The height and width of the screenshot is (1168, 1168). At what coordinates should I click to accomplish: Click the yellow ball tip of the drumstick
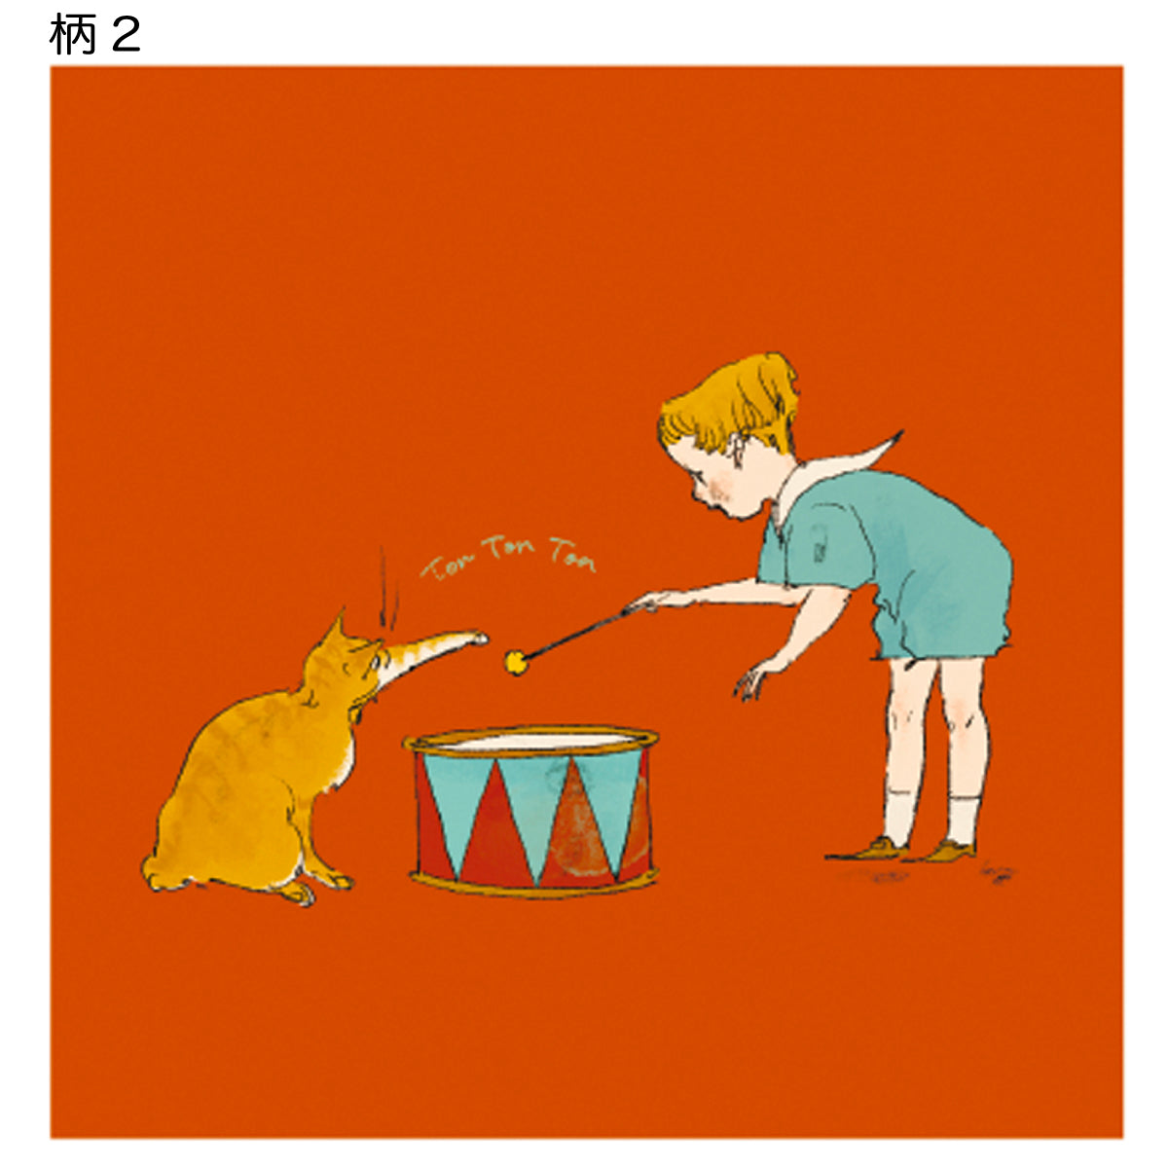516,663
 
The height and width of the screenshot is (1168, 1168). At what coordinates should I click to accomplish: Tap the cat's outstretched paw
475,638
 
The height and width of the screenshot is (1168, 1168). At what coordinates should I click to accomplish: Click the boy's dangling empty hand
750,683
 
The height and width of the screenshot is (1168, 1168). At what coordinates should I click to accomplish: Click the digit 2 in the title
127,34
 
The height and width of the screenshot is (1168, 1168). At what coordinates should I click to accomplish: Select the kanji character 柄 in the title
73,34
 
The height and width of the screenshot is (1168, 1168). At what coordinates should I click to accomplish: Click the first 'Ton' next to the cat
446,566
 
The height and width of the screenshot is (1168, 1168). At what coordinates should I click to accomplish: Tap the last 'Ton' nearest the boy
572,555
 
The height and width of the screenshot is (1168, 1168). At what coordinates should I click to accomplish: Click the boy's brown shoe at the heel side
952,851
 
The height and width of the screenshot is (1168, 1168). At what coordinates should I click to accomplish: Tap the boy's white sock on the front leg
900,817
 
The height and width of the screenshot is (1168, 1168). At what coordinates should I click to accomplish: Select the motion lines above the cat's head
388,588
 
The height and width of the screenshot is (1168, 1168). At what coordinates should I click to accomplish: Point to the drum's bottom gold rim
533,887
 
